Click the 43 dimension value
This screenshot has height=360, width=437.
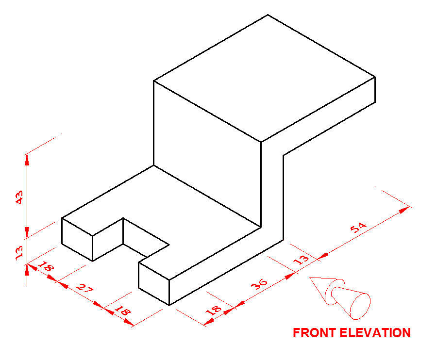point(19,197)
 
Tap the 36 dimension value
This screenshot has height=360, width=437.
point(259,283)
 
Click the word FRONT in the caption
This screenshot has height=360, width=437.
point(314,333)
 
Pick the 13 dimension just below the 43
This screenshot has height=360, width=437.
point(19,253)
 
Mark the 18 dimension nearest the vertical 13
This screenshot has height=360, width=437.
point(46,267)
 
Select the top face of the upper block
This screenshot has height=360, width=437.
point(265,78)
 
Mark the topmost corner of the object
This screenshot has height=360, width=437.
point(268,15)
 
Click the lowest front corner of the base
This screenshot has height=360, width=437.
point(168,305)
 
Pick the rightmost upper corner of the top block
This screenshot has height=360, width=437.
point(375,77)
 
